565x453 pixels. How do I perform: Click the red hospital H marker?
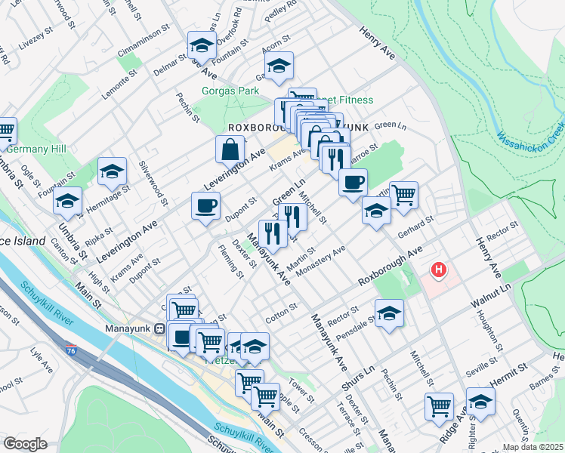coord(437,270)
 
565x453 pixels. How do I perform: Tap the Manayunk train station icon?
coord(160,329)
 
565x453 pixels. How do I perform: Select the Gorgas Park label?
coord(226,91)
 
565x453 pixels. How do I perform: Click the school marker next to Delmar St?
coord(199,47)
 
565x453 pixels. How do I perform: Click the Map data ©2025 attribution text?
coord(533,447)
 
